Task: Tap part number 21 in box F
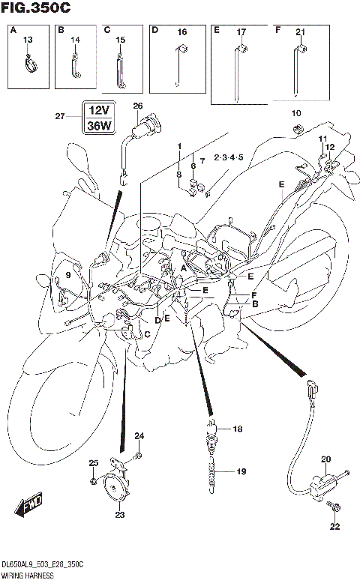(x=299, y=31)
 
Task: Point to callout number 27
(x=60, y=116)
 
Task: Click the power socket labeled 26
(x=139, y=127)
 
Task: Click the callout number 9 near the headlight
(x=67, y=276)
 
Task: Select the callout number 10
(x=296, y=113)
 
